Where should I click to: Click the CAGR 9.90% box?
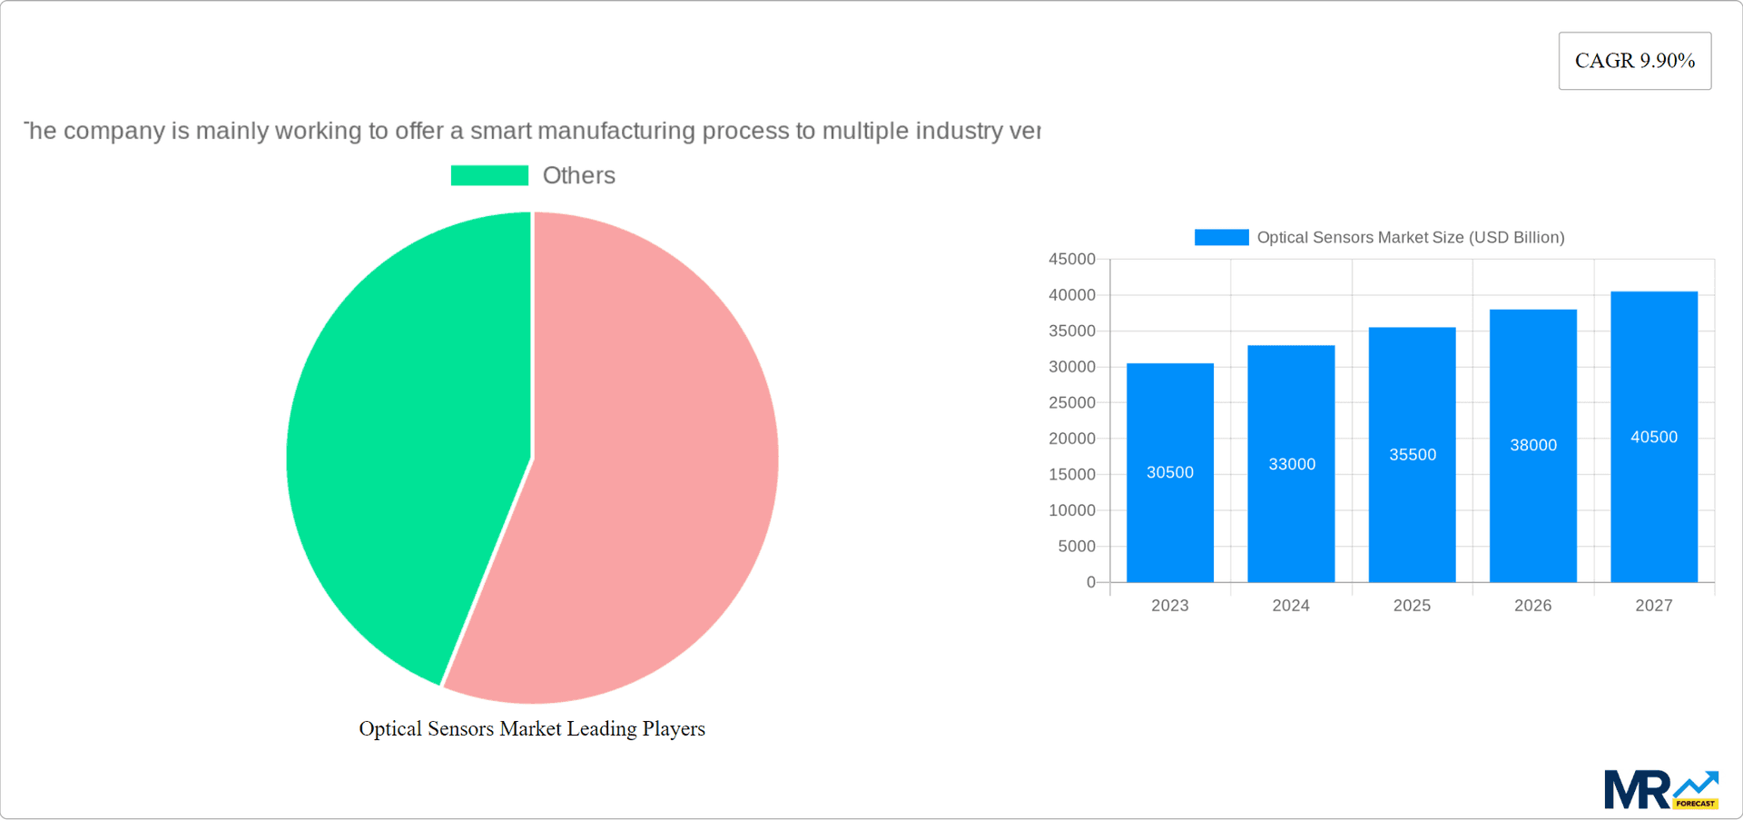[1634, 61]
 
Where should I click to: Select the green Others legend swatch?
[489, 175]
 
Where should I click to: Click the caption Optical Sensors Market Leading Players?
[532, 728]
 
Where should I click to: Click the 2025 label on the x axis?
[1412, 606]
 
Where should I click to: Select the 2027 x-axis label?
[1653, 606]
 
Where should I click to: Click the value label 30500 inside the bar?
[1169, 472]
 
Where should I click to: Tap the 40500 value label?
[1653, 437]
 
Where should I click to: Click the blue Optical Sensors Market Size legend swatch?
[1221, 237]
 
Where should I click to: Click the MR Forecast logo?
[1660, 790]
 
